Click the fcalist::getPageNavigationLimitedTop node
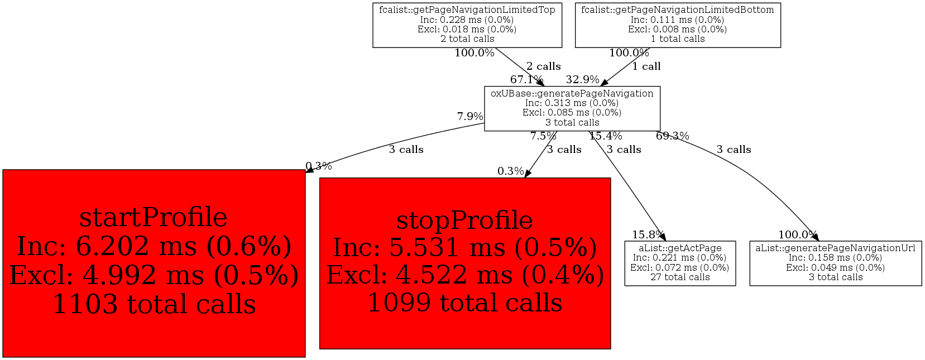(467, 25)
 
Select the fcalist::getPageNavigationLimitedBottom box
(678, 25)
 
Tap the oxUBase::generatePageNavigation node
(572, 108)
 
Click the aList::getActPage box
(680, 263)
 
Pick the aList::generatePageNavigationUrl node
(835, 263)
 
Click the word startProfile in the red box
(154, 217)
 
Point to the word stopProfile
(464, 220)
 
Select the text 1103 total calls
(154, 304)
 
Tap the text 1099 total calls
(464, 303)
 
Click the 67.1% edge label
(526, 79)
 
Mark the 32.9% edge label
(582, 79)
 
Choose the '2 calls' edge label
(543, 66)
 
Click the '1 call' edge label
(646, 66)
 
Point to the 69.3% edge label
(672, 136)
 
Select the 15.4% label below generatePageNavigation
(605, 136)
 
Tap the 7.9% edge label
(470, 116)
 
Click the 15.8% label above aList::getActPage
(648, 234)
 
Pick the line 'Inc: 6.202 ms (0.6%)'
(154, 246)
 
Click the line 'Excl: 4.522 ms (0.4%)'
(464, 275)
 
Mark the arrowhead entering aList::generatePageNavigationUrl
(815, 237)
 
